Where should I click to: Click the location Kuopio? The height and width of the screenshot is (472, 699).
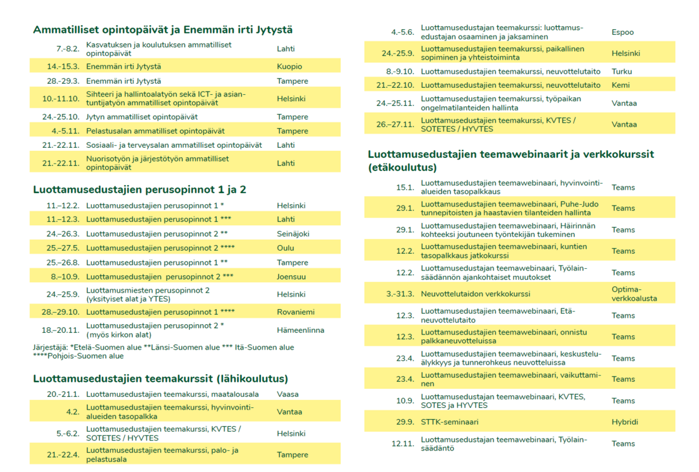[290, 66]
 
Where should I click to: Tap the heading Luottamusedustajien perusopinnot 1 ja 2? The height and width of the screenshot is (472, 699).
[140, 189]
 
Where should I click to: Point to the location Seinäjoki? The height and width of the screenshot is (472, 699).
[293, 234]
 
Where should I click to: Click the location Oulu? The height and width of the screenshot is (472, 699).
[285, 248]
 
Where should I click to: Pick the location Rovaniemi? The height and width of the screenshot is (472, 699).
[295, 311]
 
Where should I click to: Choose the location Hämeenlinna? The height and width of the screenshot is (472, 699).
[301, 330]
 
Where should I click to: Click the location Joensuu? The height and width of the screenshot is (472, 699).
[291, 276]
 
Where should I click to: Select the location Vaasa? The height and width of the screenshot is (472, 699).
[288, 394]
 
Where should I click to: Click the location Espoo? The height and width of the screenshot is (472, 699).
[623, 32]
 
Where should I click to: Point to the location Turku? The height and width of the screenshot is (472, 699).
[622, 72]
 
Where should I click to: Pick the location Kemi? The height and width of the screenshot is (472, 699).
[620, 85]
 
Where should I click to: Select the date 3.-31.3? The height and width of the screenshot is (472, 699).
[400, 294]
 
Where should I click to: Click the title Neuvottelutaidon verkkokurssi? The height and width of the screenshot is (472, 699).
[475, 294]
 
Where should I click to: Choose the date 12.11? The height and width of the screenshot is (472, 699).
[403, 443]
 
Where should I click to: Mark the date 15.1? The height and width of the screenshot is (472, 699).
[405, 187]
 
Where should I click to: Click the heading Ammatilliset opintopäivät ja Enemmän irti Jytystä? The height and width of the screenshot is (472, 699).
[163, 30]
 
